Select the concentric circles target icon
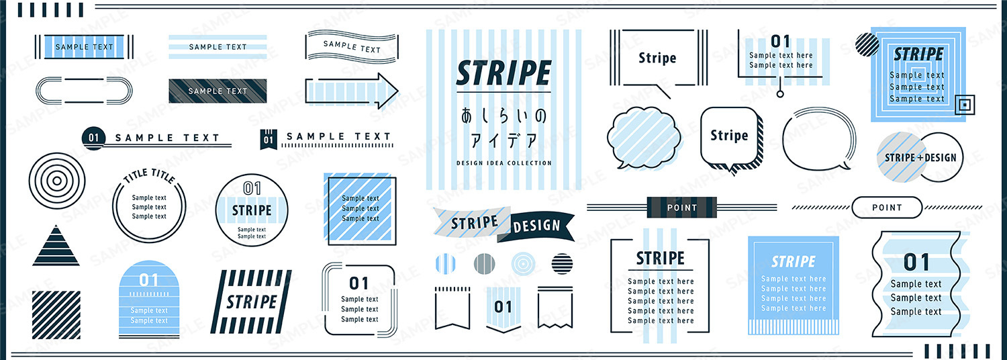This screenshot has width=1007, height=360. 57,181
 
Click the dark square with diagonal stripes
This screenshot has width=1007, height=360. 56,315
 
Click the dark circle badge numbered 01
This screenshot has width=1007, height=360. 93,138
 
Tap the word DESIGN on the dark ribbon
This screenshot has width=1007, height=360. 537,226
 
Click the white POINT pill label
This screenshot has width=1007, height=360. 887,208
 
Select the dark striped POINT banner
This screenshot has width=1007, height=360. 681,208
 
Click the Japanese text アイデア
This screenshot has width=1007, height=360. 503,141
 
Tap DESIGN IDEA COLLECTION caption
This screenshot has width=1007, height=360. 504,163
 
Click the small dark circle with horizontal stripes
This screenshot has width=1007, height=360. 562,264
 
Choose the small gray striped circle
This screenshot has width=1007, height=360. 485,264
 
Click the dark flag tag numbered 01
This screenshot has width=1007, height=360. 269,140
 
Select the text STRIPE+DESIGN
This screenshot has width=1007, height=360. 920,158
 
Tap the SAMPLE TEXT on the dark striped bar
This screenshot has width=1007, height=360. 218,91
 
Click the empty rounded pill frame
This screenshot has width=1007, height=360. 84,91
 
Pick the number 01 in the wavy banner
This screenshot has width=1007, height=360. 916,263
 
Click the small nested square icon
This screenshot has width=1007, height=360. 964,105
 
